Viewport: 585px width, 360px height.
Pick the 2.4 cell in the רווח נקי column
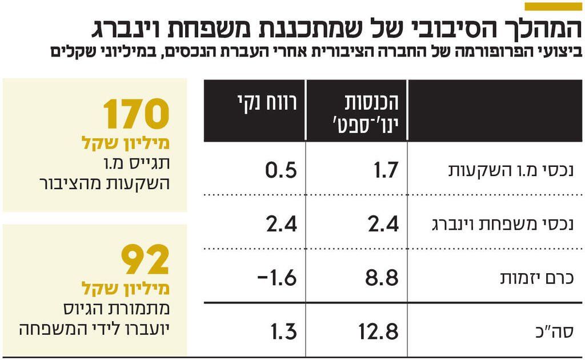(281, 223)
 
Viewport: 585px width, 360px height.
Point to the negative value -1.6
(277, 278)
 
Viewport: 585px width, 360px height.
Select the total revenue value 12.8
(378, 331)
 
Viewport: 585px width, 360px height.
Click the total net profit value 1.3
(282, 331)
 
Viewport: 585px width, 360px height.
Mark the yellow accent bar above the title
(552, 6)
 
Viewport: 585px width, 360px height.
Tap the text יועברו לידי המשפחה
(94, 330)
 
